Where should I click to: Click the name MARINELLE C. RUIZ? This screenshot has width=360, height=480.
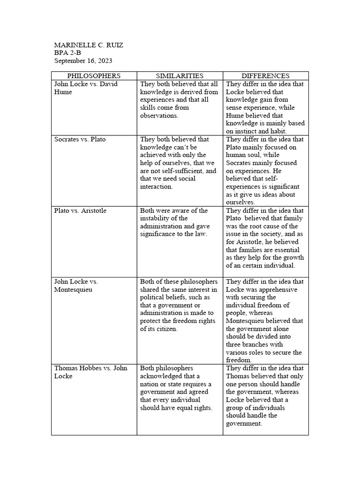click(89, 45)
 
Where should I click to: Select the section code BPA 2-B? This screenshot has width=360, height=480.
click(67, 53)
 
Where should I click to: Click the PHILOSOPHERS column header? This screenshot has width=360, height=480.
click(94, 75)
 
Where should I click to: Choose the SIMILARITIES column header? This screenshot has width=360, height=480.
click(180, 75)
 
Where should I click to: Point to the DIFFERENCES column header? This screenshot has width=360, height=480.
click(265, 75)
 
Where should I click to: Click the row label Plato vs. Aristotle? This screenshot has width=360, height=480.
click(80, 210)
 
